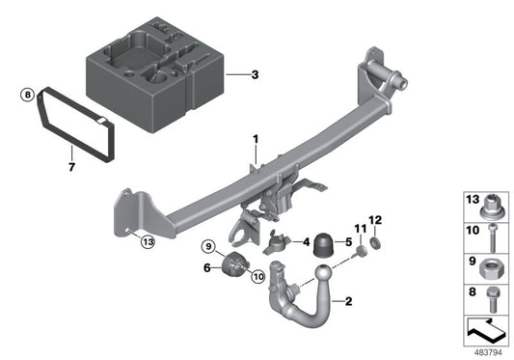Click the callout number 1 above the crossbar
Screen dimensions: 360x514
click(255, 141)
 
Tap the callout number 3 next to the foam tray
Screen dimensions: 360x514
click(255, 75)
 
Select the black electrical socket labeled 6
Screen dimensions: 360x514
click(235, 266)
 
